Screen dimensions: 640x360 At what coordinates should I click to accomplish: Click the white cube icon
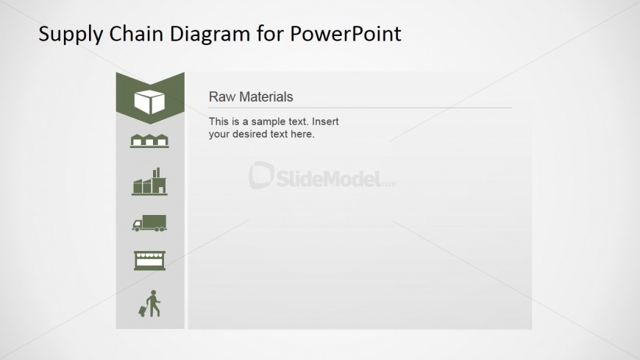pos(149,102)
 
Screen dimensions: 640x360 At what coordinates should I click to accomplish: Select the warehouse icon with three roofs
pos(149,141)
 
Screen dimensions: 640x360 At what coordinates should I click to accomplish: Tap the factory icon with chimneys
pos(149,181)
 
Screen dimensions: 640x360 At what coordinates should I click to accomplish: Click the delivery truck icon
pos(149,223)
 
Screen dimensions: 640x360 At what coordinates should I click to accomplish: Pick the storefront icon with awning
pos(149,261)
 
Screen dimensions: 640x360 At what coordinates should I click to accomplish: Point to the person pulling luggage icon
pos(150,303)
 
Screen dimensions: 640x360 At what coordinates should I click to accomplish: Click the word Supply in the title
pos(71,35)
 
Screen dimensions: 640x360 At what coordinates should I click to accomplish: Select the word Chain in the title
pos(136,34)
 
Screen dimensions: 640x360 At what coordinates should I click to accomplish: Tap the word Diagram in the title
pos(210,35)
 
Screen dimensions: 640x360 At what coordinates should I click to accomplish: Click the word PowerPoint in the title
pos(346,34)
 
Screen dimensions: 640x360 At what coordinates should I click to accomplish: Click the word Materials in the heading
pos(266,97)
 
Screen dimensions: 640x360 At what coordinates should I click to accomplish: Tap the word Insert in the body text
pos(325,121)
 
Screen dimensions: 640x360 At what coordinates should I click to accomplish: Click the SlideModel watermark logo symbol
pos(261,175)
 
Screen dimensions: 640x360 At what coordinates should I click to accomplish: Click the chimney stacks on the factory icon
pos(156,172)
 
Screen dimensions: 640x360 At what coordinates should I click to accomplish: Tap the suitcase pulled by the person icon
pos(143,311)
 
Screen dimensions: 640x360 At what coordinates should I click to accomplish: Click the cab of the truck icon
pos(137,225)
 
